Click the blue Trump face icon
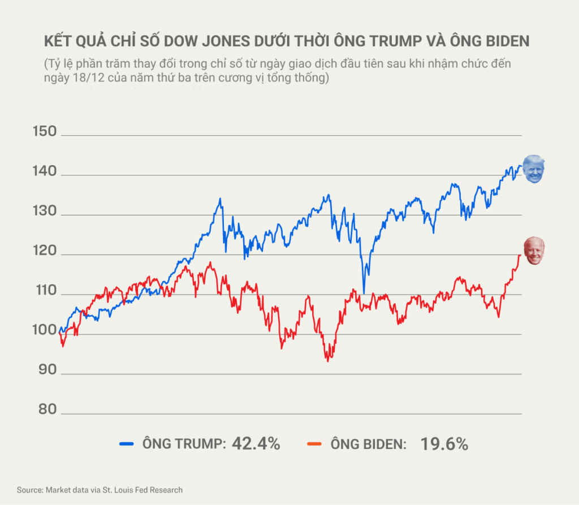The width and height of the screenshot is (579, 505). coord(533,169)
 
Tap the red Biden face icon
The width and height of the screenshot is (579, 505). coord(534,251)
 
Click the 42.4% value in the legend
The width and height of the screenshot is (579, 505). coord(256,444)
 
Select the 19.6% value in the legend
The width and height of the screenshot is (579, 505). coord(444,444)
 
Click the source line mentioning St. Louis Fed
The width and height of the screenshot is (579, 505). coord(100,490)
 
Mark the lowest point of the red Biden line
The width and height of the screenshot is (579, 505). coord(327,360)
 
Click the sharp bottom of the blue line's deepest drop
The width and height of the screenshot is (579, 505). coord(364,293)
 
